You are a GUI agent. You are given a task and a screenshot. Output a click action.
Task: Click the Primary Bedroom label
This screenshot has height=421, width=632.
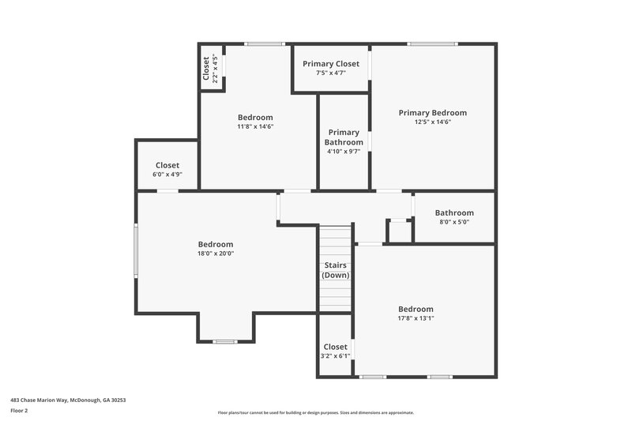point(432,113)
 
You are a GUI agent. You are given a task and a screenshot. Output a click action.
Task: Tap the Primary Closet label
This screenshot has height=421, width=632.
point(331,63)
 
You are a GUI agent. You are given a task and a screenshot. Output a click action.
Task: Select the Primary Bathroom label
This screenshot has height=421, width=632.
point(344,137)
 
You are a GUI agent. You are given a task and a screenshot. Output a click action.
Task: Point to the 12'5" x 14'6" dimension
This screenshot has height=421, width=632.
point(432,122)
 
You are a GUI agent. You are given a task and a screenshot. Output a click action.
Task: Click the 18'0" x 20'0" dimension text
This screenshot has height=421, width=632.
point(216,254)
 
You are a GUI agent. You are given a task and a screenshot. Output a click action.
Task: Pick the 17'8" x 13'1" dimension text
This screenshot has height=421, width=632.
point(416,318)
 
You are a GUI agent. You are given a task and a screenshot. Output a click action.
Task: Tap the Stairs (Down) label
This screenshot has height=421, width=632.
point(335,270)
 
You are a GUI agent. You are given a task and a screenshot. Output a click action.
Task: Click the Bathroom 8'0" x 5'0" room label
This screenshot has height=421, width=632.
point(454,213)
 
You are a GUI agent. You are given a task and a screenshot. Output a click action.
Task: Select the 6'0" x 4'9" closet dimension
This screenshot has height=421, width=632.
point(167,175)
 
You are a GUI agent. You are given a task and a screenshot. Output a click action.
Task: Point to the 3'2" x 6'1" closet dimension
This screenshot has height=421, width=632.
point(335,356)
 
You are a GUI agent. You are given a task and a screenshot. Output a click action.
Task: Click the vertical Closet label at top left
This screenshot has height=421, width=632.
point(206,69)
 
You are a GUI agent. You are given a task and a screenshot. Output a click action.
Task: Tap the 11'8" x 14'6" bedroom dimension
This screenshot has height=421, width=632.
point(255,126)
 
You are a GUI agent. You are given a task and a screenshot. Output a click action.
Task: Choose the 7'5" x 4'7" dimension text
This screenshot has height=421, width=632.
point(331,73)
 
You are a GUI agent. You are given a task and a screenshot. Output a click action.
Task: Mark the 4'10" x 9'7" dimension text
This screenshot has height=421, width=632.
point(344,152)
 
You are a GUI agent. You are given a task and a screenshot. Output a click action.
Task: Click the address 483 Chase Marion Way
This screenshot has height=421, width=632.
point(68,400)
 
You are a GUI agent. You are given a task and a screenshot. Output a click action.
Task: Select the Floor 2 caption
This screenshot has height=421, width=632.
point(20,411)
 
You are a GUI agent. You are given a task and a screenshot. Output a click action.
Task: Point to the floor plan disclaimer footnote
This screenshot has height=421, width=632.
point(315,412)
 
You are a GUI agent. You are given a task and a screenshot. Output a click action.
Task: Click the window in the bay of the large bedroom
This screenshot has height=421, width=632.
point(225,341)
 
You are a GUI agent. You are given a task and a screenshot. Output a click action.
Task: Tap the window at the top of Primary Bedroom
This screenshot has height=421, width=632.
point(433,43)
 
